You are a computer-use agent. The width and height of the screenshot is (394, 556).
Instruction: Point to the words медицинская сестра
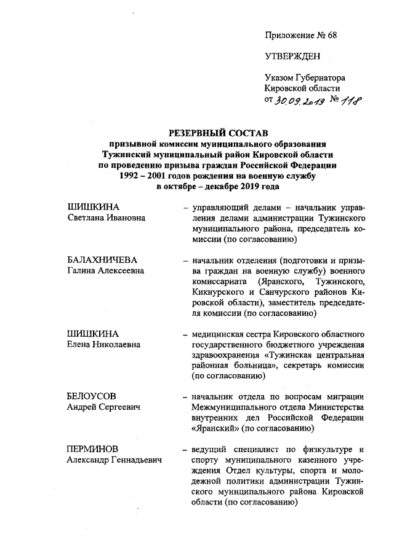coord(230,334)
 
